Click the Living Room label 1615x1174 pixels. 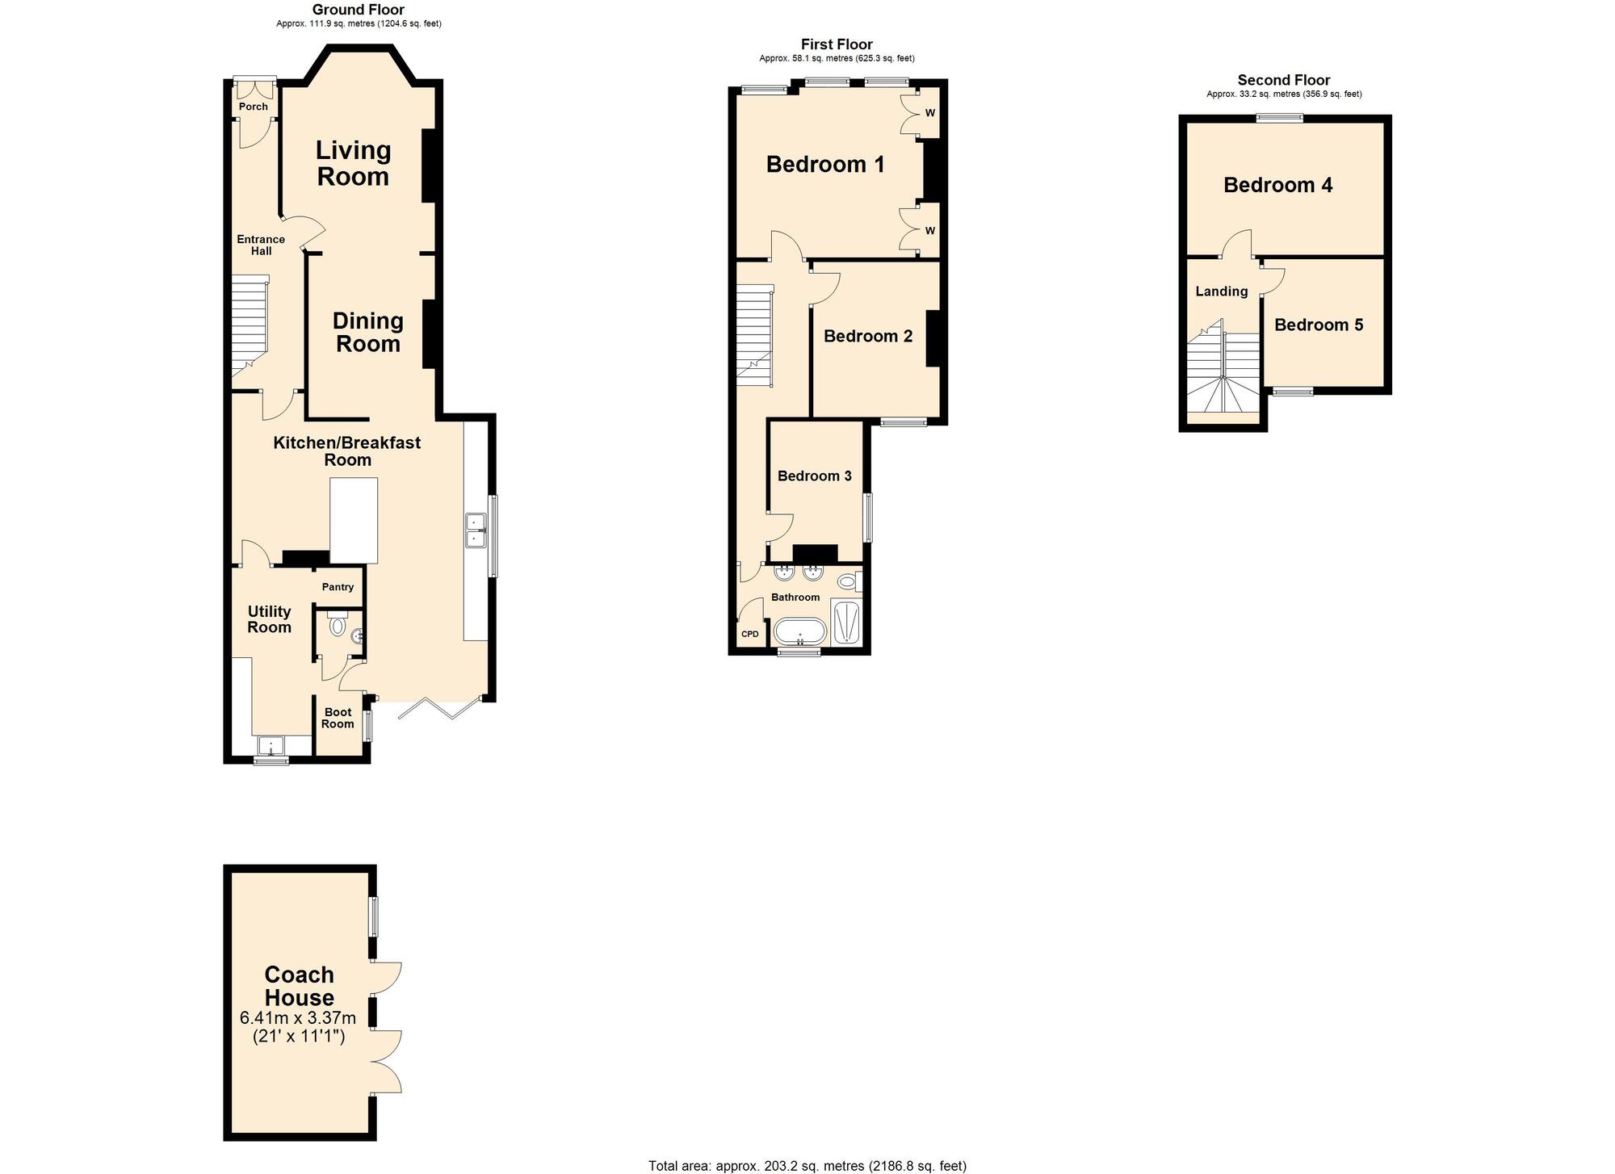354,163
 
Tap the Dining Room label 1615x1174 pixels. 368,332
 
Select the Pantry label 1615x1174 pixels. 338,587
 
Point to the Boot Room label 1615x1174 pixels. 338,718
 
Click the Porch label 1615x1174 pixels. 254,107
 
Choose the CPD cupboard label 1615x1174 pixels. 750,634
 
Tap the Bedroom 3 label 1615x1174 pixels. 815,476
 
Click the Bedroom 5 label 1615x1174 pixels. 1319,325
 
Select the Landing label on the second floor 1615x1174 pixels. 1222,291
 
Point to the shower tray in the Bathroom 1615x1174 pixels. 847,623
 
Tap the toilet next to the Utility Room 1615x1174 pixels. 338,624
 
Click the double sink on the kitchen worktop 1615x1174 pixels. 474,530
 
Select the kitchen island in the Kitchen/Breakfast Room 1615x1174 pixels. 354,521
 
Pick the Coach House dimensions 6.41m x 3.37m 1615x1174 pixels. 298,1018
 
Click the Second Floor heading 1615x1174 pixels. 1284,80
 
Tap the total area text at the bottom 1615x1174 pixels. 807,1165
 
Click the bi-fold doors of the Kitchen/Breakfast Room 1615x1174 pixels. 440,707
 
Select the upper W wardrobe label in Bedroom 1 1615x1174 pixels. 930,112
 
